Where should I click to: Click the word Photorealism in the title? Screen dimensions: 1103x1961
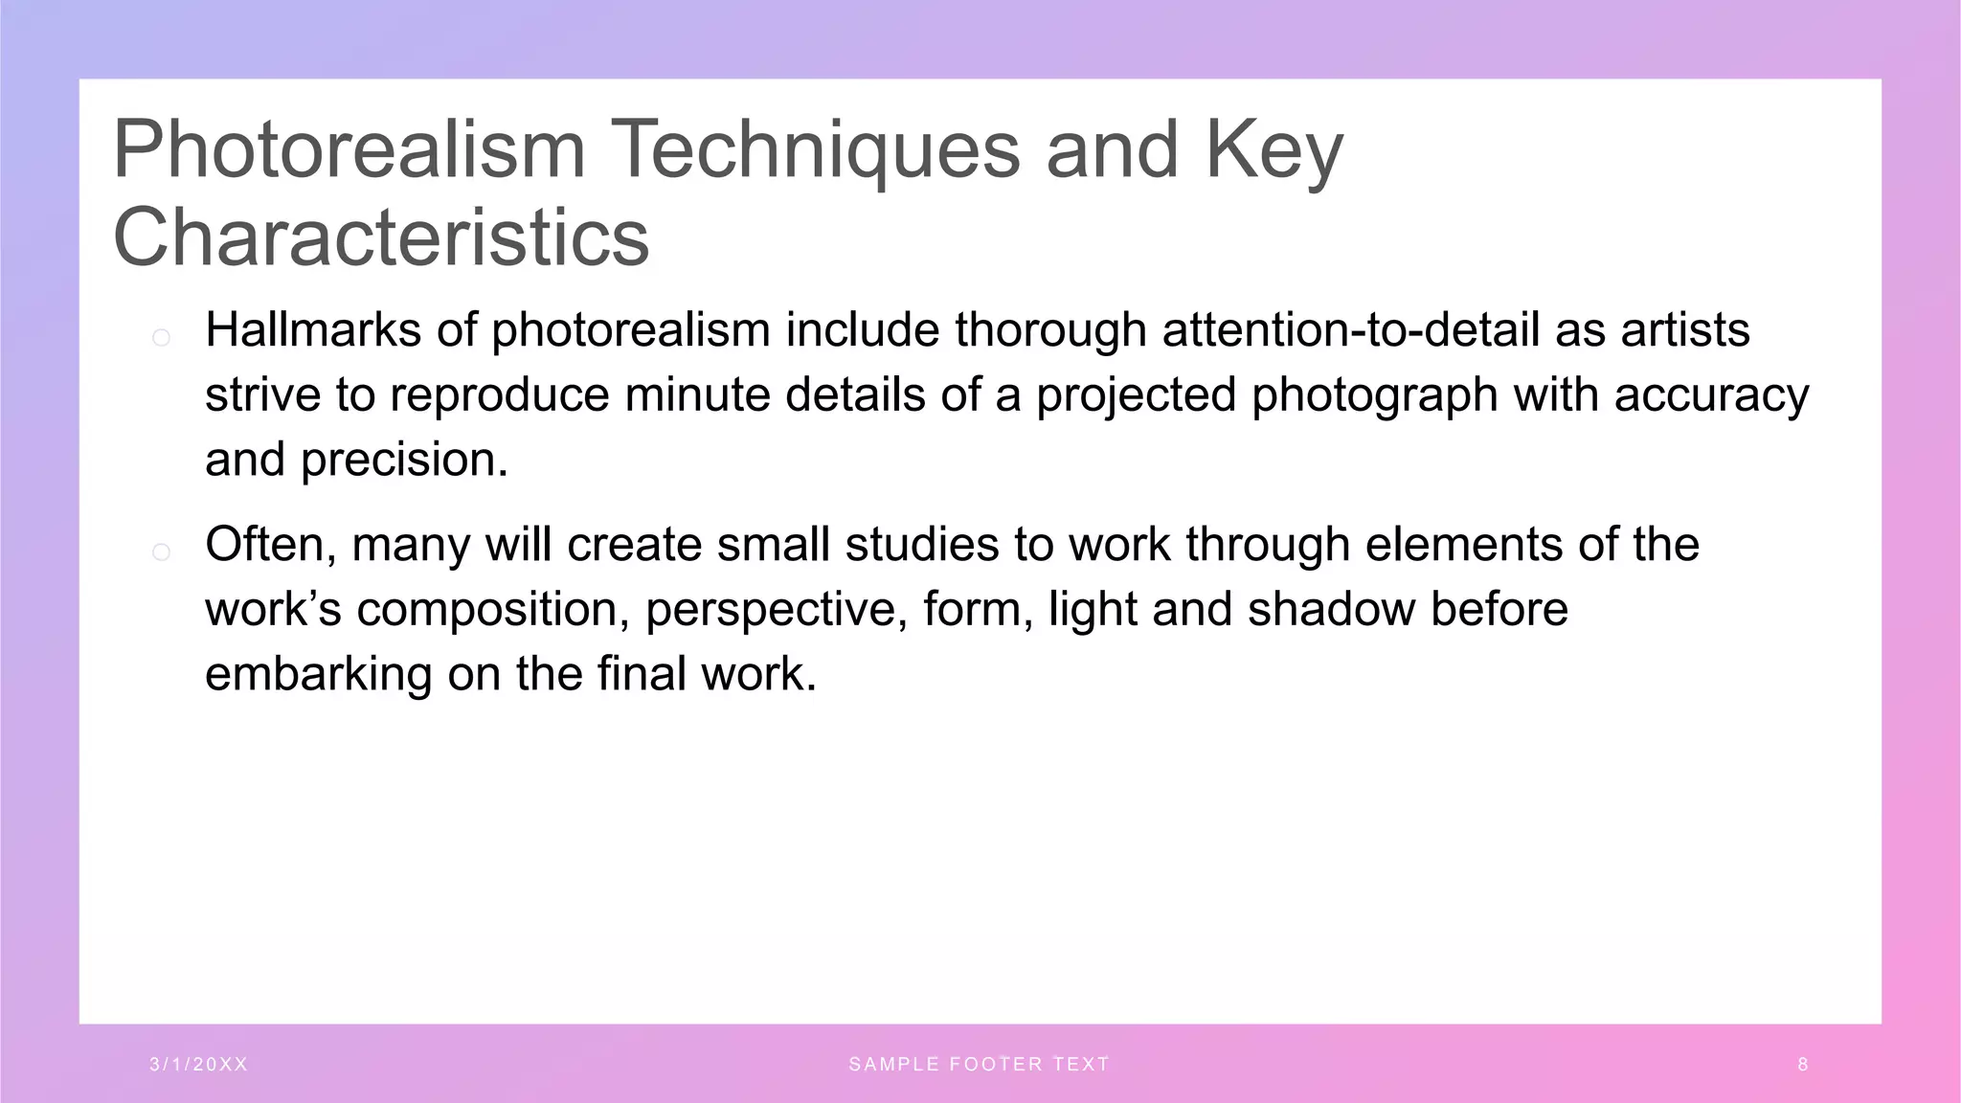pos(349,149)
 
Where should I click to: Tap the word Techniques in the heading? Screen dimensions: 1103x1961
pos(815,149)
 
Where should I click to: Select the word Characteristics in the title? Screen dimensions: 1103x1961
pos(381,237)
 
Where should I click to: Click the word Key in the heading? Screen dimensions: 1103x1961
pos(1274,149)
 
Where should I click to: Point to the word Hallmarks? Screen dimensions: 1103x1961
pos(313,330)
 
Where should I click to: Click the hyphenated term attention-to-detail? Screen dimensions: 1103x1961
pos(1350,330)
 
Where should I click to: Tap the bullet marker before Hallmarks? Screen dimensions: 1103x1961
pos(161,337)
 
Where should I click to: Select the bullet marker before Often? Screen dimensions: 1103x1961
pos(161,551)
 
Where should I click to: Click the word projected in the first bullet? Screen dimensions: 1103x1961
pos(1137,395)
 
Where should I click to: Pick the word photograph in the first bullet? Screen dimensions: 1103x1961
pos(1374,395)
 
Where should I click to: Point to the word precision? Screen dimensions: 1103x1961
pos(404,461)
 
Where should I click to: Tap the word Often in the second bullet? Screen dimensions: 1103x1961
pos(270,545)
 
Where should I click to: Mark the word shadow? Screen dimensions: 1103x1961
pos(1331,610)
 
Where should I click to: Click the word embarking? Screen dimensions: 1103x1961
pos(319,674)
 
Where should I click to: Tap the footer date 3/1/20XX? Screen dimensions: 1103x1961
pos(199,1065)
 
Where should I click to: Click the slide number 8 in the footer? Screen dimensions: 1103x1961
pos(1803,1065)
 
